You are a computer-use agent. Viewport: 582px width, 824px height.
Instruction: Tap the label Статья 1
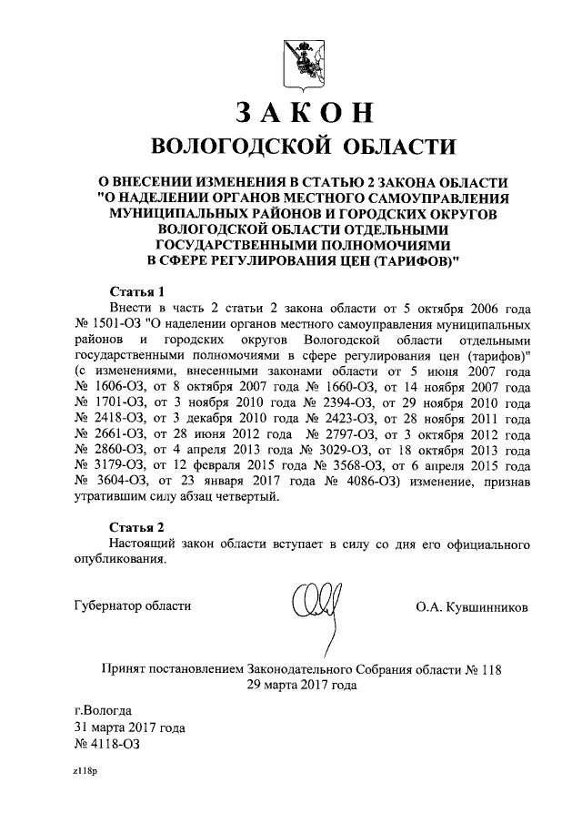point(137,292)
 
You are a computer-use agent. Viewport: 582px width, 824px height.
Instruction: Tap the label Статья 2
point(137,527)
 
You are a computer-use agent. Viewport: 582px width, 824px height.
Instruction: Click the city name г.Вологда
point(103,709)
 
